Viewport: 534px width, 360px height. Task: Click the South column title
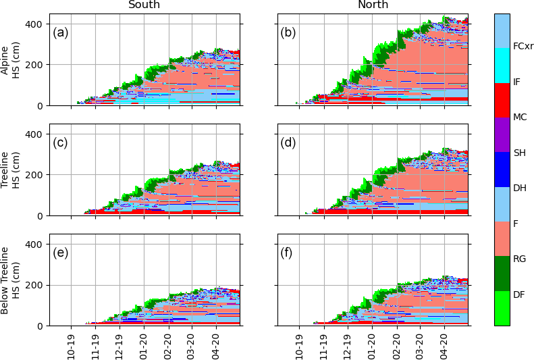point(144,5)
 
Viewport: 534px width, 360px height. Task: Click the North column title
point(373,5)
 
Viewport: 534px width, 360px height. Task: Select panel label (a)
point(60,32)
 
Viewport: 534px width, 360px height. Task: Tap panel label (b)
point(289,32)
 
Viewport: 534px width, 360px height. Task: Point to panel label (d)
point(289,142)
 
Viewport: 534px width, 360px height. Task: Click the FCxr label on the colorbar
point(523,47)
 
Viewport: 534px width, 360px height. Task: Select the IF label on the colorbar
point(516,82)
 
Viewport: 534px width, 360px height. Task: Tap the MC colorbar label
point(520,117)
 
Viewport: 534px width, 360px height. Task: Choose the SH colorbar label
point(519,153)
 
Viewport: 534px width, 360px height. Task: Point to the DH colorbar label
point(519,188)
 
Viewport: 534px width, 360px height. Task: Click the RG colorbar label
point(519,259)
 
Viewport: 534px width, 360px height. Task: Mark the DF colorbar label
point(518,294)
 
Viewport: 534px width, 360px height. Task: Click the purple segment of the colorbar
point(502,134)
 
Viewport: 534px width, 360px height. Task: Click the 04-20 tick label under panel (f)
point(445,344)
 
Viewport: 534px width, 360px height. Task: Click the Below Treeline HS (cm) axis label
point(9,280)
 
